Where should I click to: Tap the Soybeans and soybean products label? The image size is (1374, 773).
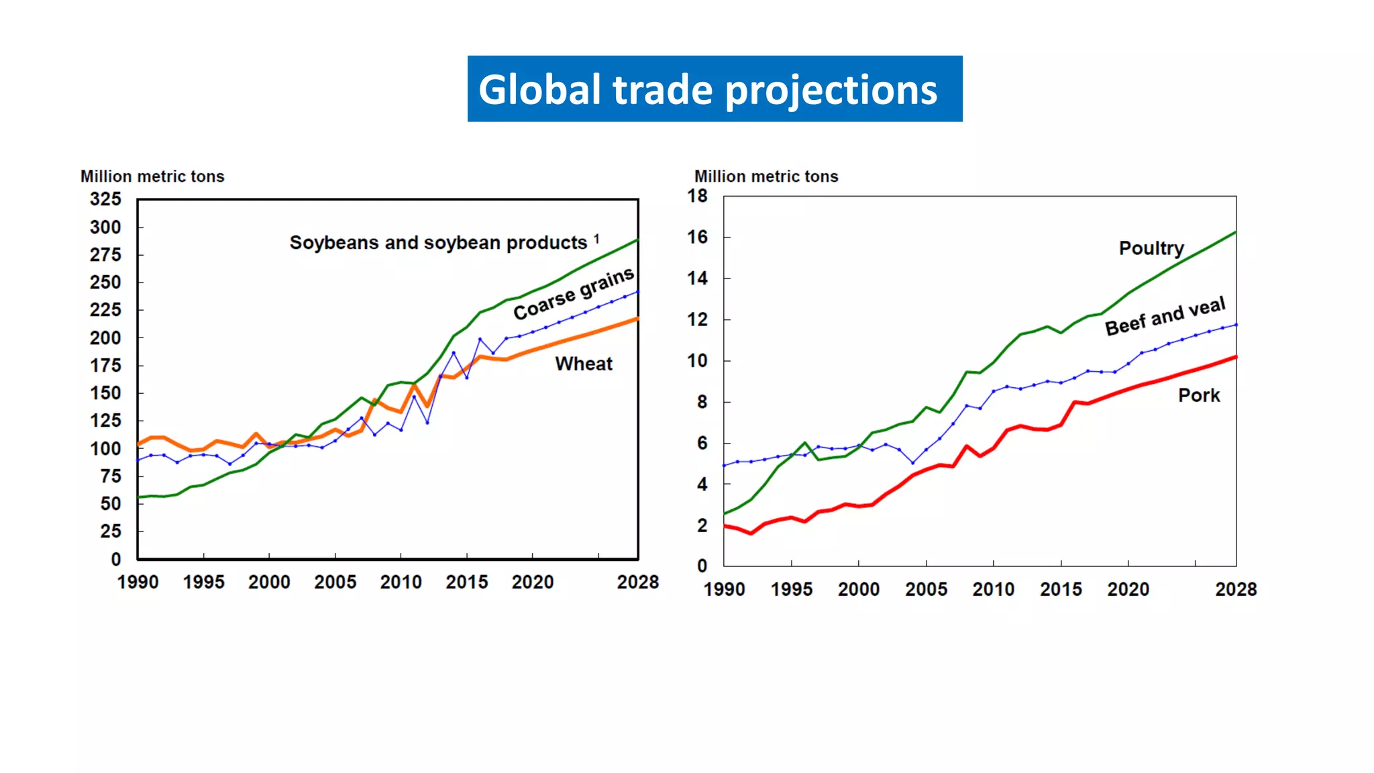pyautogui.click(x=437, y=243)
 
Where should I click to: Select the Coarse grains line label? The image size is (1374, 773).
pyautogui.click(x=574, y=294)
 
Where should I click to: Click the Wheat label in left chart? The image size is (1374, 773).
pyautogui.click(x=584, y=364)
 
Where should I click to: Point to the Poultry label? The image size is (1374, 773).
pyautogui.click(x=1151, y=248)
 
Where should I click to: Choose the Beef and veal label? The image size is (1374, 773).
pyautogui.click(x=1165, y=316)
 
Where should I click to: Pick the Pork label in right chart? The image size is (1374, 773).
pyautogui.click(x=1199, y=395)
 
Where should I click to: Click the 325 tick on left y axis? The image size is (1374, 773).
pyautogui.click(x=105, y=199)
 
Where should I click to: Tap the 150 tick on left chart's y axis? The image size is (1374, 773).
pyautogui.click(x=105, y=393)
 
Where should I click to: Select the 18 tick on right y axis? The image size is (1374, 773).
pyautogui.click(x=697, y=196)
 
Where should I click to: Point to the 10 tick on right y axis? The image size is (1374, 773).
pyautogui.click(x=697, y=361)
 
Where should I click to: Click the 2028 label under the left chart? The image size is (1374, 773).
pyautogui.click(x=637, y=582)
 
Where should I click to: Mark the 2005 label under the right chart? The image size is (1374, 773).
pyautogui.click(x=926, y=590)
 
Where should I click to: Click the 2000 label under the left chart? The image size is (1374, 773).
pyautogui.click(x=269, y=582)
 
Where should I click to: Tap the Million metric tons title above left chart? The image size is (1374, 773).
pyautogui.click(x=152, y=176)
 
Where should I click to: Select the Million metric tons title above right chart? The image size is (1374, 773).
pyautogui.click(x=766, y=176)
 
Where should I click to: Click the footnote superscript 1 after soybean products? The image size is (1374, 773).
pyautogui.click(x=596, y=238)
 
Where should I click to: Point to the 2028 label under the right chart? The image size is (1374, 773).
pyautogui.click(x=1236, y=590)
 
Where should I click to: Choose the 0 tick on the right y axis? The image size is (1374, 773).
pyautogui.click(x=702, y=566)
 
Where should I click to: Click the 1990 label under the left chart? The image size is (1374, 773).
pyautogui.click(x=138, y=582)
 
